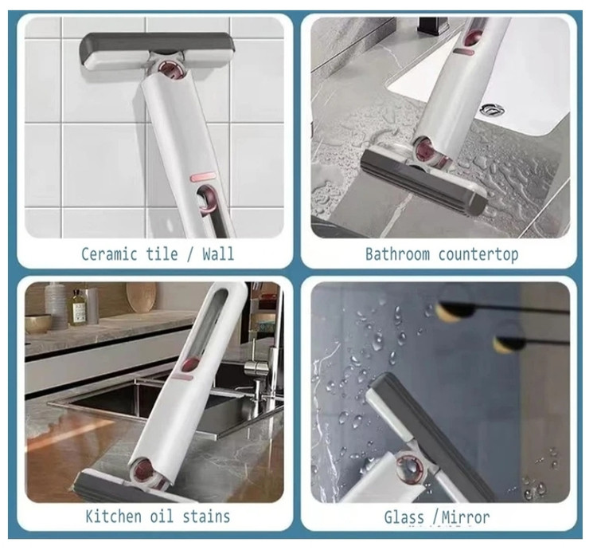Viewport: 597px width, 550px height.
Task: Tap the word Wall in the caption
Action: tap(218, 253)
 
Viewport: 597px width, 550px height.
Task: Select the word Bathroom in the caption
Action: tap(397, 253)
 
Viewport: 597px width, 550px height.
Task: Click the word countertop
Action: tap(478, 254)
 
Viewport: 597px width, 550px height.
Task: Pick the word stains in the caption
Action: tap(206, 516)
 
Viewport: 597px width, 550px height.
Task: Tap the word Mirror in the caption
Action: tap(466, 517)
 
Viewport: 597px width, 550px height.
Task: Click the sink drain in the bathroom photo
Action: tap(492, 109)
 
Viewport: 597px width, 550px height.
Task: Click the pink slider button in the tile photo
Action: tap(203, 177)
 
